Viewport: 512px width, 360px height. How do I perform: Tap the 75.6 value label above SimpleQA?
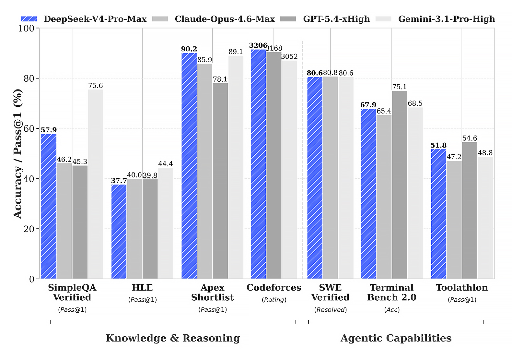96,86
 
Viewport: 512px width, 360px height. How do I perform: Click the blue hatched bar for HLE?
119,232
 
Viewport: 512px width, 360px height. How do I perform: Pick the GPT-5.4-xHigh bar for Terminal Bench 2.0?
400,185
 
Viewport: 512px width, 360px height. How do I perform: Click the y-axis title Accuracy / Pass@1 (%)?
18,153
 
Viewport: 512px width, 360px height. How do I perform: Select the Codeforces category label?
274,288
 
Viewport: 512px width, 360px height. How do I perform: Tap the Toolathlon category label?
462,288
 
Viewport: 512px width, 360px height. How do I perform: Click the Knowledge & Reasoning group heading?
173,338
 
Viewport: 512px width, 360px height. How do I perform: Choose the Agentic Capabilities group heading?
396,338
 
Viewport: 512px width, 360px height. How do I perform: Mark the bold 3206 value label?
258,45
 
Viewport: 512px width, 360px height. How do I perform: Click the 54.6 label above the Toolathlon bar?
470,138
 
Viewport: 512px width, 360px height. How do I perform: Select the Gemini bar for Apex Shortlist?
236,167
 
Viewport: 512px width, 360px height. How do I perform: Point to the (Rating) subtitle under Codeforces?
274,300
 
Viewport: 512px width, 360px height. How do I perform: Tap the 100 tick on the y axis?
26,28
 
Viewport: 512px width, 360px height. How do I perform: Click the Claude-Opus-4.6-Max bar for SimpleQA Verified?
64,221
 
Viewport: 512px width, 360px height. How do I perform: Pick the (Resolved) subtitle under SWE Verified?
330,310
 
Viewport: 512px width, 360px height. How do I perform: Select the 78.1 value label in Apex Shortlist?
220,79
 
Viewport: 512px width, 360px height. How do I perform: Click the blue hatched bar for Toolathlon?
438,214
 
